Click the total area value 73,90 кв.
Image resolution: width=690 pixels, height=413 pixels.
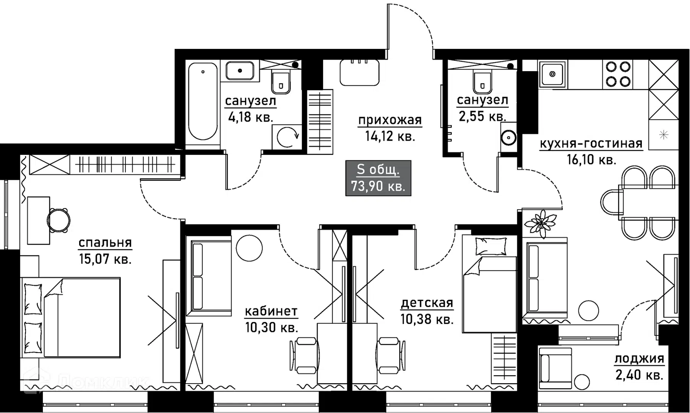378,187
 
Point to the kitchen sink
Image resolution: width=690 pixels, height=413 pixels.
552,74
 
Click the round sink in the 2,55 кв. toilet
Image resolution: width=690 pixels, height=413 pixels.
508,138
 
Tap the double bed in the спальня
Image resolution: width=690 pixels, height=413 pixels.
70,317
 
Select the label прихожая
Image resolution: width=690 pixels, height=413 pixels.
390,120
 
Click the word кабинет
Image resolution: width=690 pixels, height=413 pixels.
271,311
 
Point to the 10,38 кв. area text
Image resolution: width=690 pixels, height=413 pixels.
427,319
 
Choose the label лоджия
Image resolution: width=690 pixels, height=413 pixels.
639,359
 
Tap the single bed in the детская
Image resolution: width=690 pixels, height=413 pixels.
490,284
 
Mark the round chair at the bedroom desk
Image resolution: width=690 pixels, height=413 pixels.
58,220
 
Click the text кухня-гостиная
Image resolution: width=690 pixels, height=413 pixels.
591,144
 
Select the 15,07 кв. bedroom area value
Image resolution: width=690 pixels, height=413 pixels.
105,259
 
